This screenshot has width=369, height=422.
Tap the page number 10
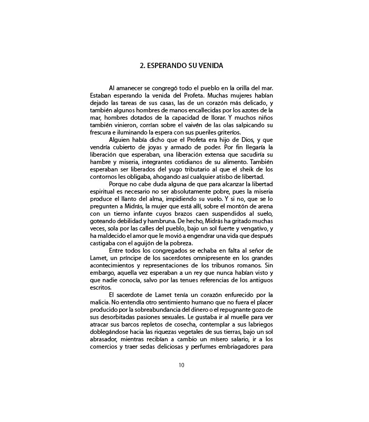click(181, 350)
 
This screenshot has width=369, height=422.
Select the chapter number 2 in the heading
click(142, 67)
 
